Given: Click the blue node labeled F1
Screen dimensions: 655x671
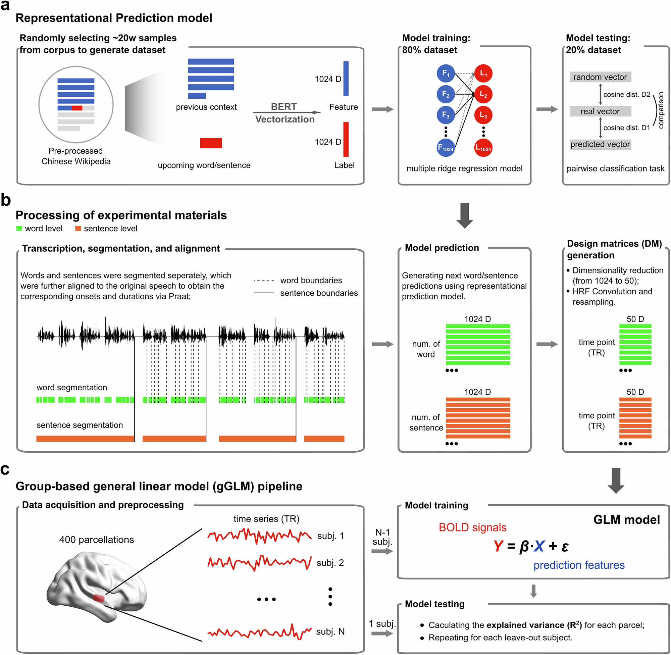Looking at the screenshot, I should pos(446,73).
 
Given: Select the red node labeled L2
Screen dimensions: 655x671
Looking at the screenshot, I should pos(483,94).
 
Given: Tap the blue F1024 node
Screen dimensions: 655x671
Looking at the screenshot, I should pos(446,148).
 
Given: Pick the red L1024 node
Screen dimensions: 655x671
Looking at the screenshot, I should pos(483,148).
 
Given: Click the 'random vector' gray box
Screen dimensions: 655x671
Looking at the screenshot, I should pos(600,77).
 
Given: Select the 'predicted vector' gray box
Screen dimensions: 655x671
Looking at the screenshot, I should pos(600,145).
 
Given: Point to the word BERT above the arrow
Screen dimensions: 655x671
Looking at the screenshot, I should pos(284,107).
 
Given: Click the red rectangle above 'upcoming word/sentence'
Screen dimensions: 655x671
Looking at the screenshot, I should pos(211,143).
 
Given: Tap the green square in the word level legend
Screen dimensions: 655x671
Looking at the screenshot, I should pos(19,229).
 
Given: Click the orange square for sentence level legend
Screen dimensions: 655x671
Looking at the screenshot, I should pos(78,229).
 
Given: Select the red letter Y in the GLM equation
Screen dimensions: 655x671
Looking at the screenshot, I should pos(498,546).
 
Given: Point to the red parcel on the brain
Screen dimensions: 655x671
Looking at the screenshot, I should pos(99,598).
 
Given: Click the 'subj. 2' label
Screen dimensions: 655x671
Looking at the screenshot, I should pos(330,563).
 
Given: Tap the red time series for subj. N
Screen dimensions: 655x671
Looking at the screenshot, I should pos(259,632).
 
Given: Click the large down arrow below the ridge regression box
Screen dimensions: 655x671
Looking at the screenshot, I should pos(465,215).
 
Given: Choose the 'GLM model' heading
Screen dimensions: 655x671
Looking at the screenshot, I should pos(626,519).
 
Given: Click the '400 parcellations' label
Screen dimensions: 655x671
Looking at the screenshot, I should pos(97,540).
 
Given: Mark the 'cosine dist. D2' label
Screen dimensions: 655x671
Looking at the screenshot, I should pos(627,95).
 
